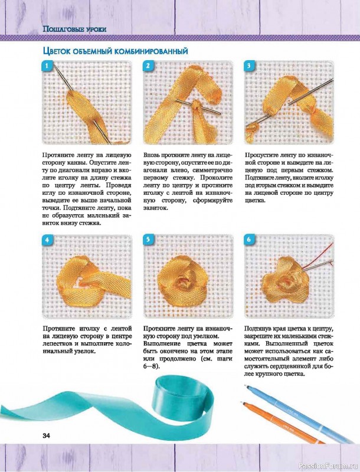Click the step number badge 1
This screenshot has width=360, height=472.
coord(47,66)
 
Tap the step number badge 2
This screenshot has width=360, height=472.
coord(148,66)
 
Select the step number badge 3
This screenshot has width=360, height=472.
coord(249,66)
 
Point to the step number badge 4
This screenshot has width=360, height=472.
coord(47,240)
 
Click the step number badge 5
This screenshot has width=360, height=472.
coord(148,240)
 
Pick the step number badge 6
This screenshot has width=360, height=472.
coord(249,240)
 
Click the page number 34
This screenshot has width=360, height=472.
coord(47,435)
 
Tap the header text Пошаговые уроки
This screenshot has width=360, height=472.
coord(74,29)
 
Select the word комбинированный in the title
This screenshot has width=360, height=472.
coord(151,51)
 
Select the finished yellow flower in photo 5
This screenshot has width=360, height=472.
coord(182,281)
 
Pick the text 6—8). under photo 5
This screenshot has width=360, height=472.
coord(152,366)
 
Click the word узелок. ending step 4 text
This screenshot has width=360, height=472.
coord(85,351)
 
